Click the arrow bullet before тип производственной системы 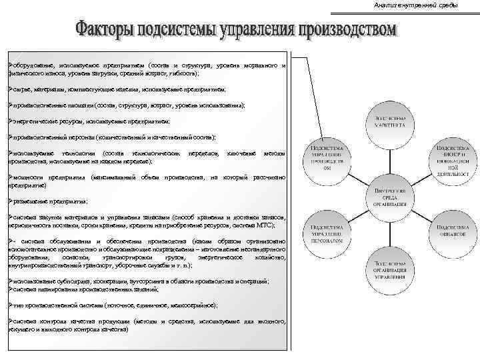click(x=7, y=303)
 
